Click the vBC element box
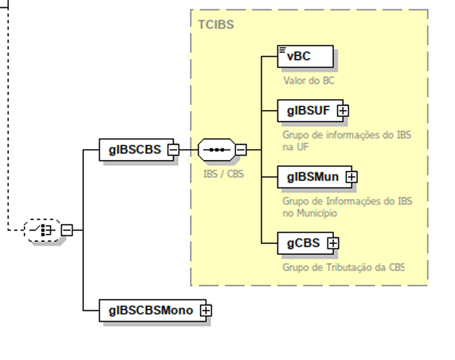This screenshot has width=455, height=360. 305,56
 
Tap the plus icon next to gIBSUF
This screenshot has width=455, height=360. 343,111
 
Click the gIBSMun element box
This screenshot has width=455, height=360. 312,176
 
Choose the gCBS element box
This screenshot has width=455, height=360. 303,243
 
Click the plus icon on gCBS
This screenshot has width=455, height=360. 333,243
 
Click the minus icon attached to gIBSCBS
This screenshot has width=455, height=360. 173,150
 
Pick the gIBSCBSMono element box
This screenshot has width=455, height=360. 151,310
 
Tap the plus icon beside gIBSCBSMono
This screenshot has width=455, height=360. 206,311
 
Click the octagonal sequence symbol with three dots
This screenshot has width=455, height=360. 216,150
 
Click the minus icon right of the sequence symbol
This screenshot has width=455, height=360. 241,150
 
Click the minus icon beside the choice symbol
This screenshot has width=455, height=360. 67,230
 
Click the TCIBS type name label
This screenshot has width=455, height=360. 216,25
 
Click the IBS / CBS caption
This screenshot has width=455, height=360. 223,174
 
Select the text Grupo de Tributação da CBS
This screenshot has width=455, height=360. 343,267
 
